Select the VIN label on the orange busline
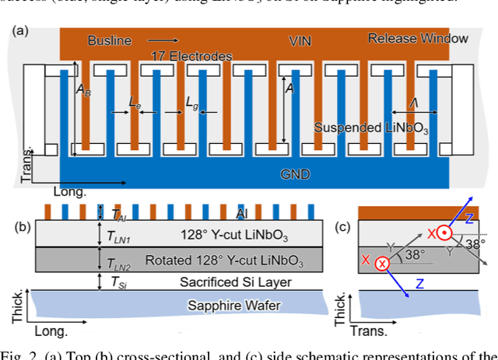(x=301, y=39)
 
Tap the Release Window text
(x=418, y=38)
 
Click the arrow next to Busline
(x=161, y=39)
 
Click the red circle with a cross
(x=382, y=264)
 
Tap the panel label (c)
(x=341, y=226)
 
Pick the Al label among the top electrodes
(x=242, y=212)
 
